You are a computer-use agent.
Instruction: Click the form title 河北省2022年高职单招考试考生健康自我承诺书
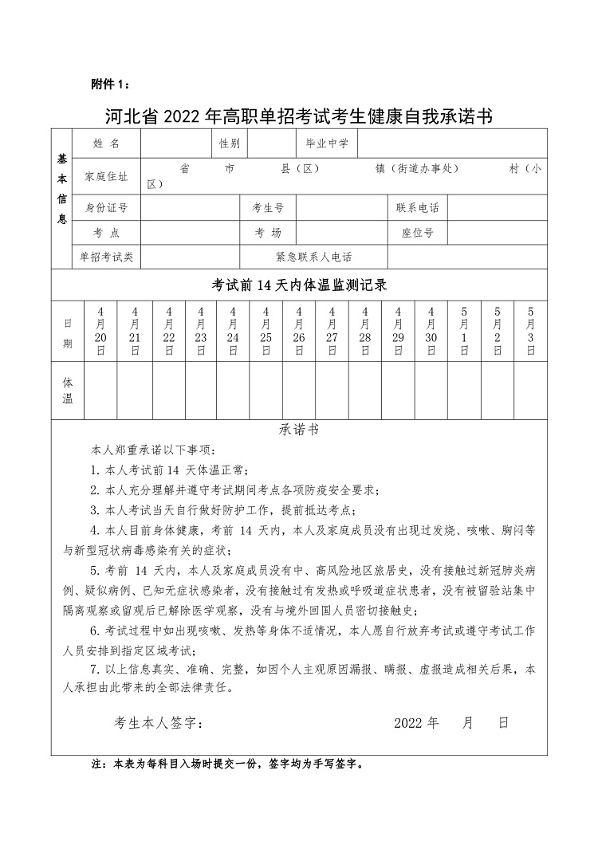(299, 116)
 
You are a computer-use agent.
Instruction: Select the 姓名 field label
(106, 143)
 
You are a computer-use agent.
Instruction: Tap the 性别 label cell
(228, 143)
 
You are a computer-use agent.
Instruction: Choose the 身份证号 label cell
(106, 208)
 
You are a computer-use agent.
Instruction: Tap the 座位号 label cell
(417, 233)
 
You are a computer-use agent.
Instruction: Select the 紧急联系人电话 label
(313, 257)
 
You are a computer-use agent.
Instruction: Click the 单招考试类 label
(106, 257)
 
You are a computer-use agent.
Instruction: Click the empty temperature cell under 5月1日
(464, 391)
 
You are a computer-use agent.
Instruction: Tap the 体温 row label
(68, 391)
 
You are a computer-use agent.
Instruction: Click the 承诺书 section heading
(299, 429)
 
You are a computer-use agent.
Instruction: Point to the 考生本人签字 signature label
(159, 724)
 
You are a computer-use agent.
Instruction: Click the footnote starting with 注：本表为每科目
(227, 764)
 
